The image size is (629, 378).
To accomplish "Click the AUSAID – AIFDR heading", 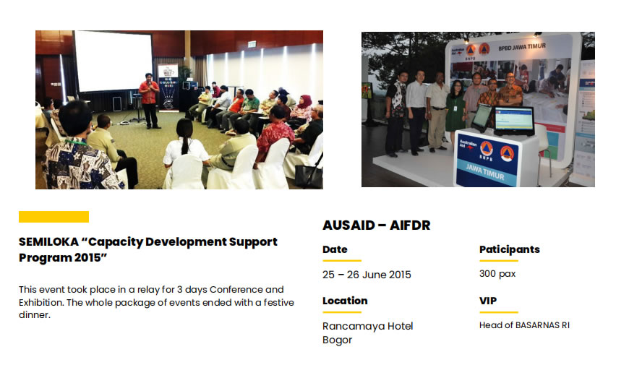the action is [376, 225].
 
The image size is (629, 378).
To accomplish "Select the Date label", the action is [335, 249].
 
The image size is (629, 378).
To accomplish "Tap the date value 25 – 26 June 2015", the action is [367, 275].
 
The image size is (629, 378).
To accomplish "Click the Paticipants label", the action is [510, 250].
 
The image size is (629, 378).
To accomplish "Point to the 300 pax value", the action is [497, 274].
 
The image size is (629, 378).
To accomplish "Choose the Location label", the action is [345, 301].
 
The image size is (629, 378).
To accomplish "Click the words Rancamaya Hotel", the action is [368, 326].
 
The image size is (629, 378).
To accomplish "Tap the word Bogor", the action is [338, 340].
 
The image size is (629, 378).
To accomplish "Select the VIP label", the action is [488, 301].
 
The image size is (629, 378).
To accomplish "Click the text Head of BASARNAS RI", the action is [524, 325].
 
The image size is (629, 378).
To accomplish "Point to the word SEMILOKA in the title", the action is [48, 241].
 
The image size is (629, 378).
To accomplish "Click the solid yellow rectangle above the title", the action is [54, 217].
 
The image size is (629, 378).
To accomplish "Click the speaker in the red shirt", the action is [149, 100].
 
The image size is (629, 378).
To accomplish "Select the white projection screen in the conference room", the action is [114, 61].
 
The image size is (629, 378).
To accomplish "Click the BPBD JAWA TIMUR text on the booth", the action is [522, 47].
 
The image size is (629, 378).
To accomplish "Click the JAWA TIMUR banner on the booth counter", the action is [485, 171].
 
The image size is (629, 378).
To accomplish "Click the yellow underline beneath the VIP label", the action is [499, 312].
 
